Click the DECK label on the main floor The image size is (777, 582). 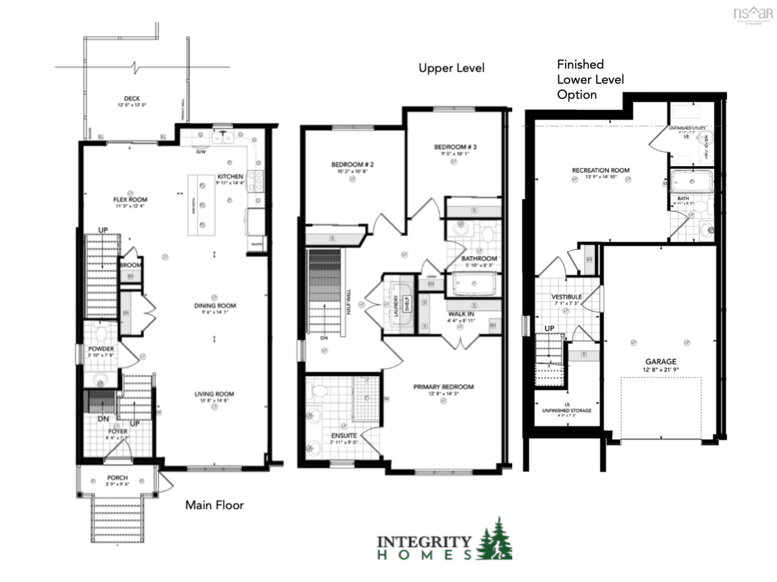(132, 99)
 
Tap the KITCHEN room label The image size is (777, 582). (230, 177)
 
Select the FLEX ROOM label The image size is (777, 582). (130, 200)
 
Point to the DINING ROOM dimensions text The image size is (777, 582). (215, 312)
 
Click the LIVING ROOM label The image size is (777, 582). (214, 394)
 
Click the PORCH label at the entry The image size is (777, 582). (117, 477)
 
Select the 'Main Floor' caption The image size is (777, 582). (214, 505)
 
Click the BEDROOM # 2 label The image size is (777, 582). (352, 164)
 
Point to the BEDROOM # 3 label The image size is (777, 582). (455, 147)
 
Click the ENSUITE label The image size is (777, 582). (344, 435)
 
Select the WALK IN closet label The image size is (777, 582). (461, 314)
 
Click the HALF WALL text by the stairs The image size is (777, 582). (349, 302)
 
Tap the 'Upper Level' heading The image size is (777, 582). (451, 68)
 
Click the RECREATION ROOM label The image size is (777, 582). (601, 170)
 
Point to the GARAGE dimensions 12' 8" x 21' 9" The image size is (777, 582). (661, 369)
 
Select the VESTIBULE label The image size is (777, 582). (567, 297)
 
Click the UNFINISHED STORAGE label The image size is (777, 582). (567, 410)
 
